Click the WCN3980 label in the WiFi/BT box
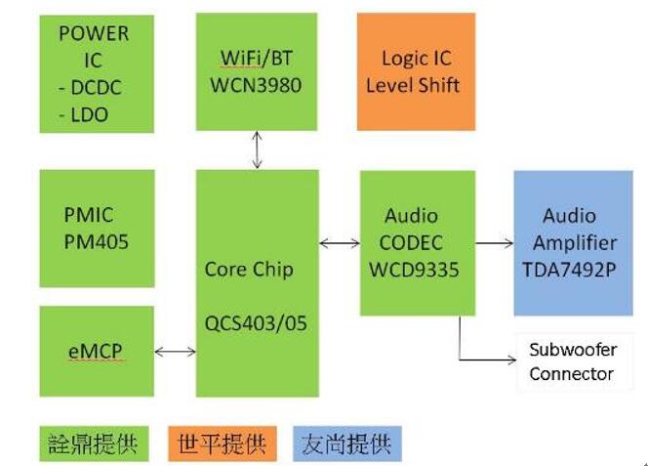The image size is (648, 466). click(x=256, y=86)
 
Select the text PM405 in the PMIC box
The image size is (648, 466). click(x=96, y=242)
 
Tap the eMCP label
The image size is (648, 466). click(x=96, y=352)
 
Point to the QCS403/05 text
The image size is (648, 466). click(x=256, y=323)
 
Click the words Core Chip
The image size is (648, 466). click(x=249, y=270)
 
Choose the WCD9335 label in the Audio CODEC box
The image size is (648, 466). click(x=414, y=270)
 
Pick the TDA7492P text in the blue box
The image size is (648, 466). click(x=569, y=270)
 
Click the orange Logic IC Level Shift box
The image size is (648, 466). click(x=416, y=71)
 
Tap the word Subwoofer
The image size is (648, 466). click(x=573, y=350)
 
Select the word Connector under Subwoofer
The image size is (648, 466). click(x=571, y=374)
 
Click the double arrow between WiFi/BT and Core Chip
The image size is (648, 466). click(x=257, y=149)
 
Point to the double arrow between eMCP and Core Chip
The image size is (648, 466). click(x=175, y=352)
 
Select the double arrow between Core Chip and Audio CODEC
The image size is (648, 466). click(x=340, y=243)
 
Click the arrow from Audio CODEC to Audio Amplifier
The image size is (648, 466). click(x=495, y=243)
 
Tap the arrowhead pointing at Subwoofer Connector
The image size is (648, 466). click(x=511, y=360)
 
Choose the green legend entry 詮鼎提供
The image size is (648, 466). click(x=94, y=444)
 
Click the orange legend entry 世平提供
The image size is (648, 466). click(x=223, y=444)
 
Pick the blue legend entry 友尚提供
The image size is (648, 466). click(x=347, y=444)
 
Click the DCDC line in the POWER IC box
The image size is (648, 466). click(x=90, y=88)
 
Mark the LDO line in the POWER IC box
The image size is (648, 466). click(x=84, y=115)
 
